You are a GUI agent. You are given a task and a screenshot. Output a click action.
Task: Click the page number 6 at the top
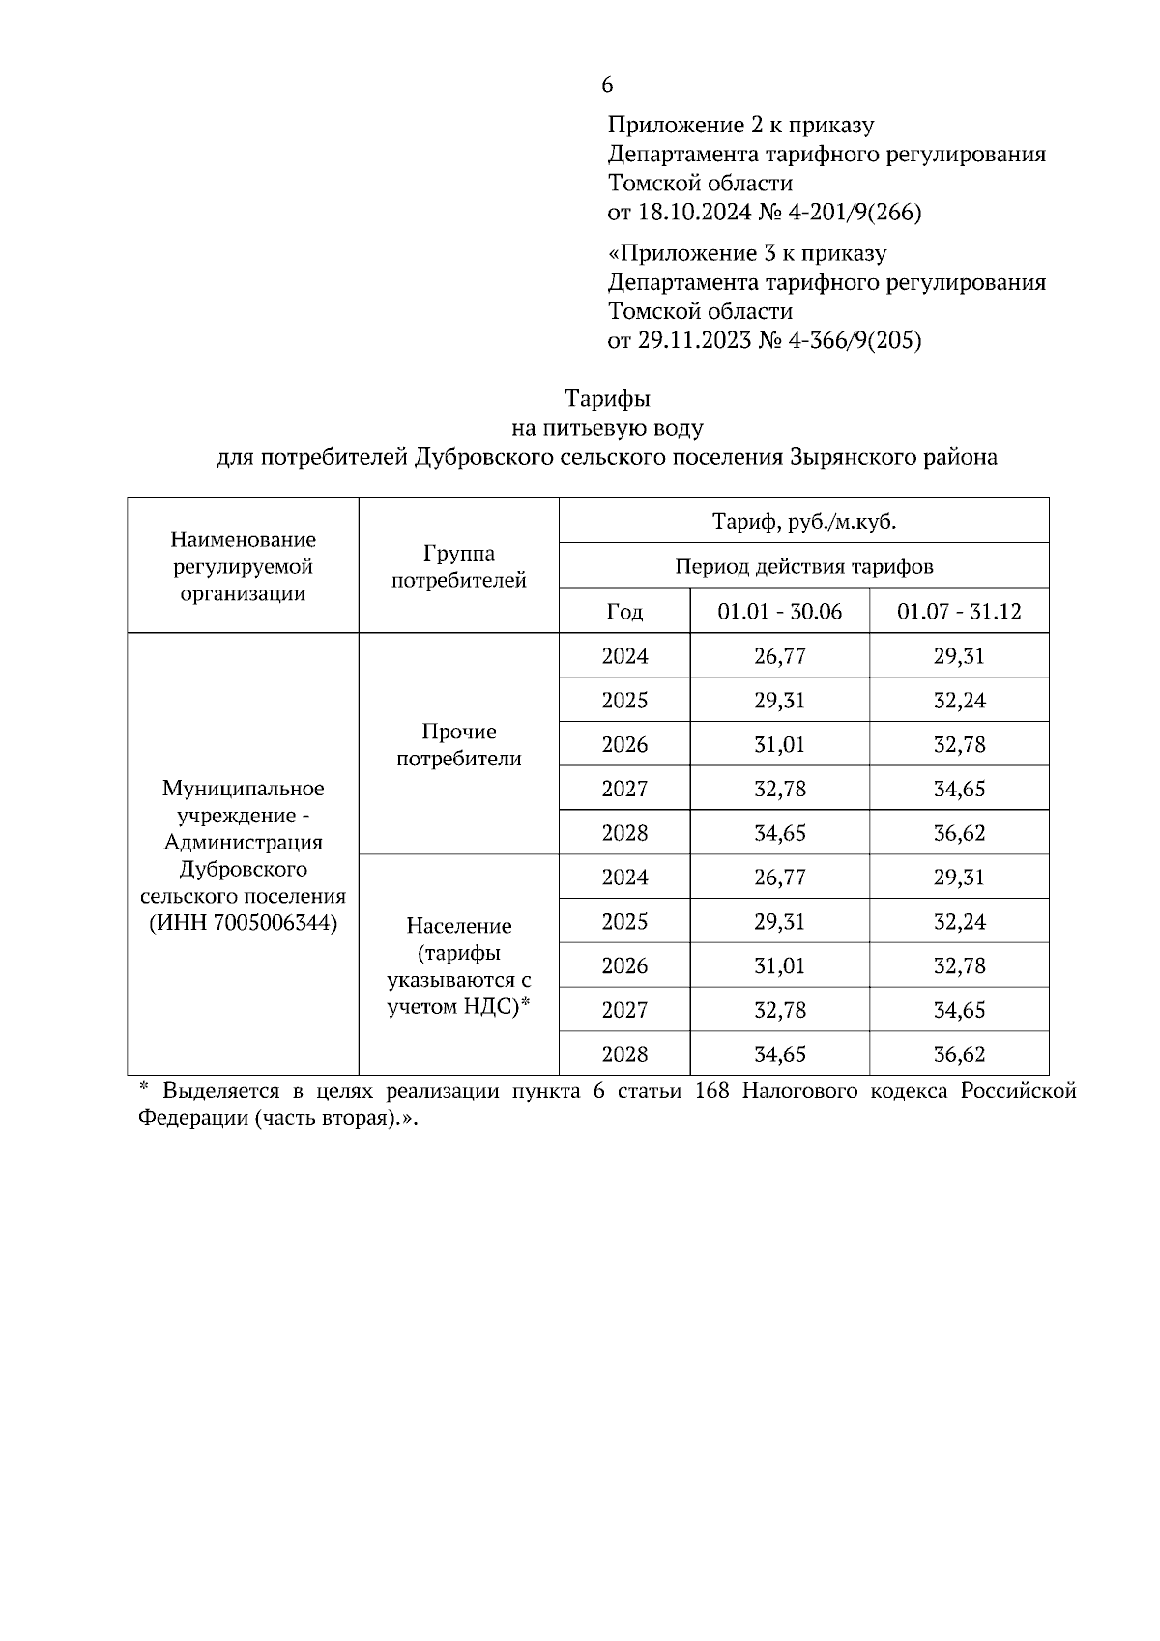click(x=607, y=85)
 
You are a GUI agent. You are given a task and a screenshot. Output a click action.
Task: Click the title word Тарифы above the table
click(x=607, y=398)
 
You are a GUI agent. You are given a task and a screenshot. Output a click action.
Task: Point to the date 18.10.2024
click(x=693, y=212)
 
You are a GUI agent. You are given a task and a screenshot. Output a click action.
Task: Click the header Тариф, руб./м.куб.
click(x=803, y=522)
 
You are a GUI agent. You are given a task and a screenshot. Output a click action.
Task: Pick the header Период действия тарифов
click(x=803, y=566)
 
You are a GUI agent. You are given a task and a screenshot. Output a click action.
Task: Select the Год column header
click(x=624, y=612)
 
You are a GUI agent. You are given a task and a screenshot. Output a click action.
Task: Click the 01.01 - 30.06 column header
click(x=779, y=612)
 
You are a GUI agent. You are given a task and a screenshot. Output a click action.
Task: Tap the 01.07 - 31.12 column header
click(x=959, y=612)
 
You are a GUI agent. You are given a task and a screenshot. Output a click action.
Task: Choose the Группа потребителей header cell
click(x=458, y=566)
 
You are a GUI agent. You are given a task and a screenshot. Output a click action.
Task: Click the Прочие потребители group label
click(x=458, y=745)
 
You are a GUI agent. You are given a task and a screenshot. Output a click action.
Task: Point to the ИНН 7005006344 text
click(x=243, y=923)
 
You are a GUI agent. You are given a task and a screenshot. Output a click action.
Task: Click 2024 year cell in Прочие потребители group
click(x=624, y=657)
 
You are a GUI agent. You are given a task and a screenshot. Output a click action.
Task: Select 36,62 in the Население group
click(x=959, y=1054)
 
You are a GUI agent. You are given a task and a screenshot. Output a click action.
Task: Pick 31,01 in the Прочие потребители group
click(x=779, y=745)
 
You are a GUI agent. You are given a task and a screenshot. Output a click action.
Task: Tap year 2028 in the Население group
click(x=624, y=1054)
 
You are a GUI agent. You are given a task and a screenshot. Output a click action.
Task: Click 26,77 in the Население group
click(x=779, y=878)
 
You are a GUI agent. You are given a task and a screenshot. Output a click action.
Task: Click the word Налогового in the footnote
click(x=821, y=1091)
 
